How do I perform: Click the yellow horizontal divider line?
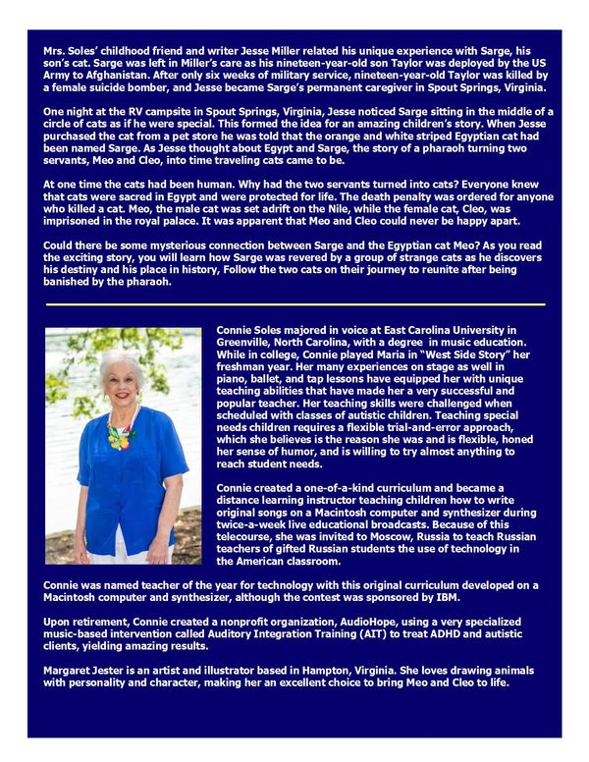294,305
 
